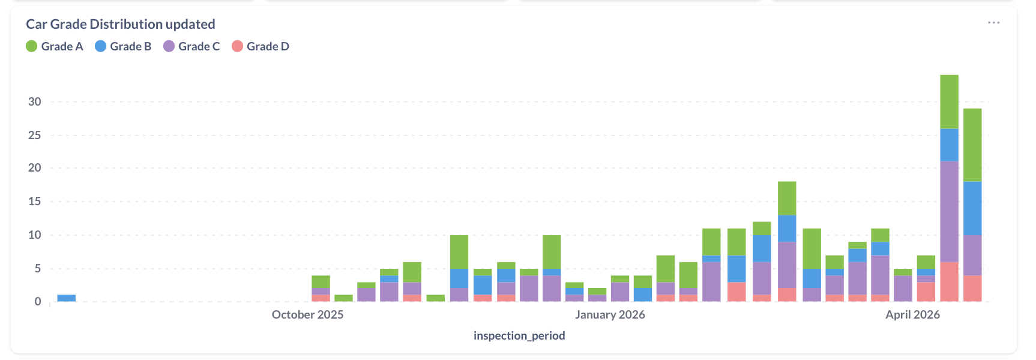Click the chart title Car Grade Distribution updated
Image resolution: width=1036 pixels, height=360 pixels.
[x=120, y=24]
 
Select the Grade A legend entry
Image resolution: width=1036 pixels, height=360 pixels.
[x=55, y=46]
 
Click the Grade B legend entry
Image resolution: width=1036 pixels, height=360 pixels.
[x=123, y=46]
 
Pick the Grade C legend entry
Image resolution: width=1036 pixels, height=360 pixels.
[x=191, y=46]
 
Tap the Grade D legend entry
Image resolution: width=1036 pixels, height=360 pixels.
[x=261, y=46]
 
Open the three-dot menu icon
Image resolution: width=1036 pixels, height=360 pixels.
[x=993, y=23]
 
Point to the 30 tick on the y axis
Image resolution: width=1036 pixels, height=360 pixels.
[x=35, y=101]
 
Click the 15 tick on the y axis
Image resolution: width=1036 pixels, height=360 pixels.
[x=35, y=201]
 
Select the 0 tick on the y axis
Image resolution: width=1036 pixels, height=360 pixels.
[x=38, y=301]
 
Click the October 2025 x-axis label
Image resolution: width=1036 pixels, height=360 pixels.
[x=307, y=314]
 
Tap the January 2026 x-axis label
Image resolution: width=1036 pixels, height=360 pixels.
[x=610, y=314]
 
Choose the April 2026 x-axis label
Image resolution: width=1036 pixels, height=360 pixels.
[x=912, y=314]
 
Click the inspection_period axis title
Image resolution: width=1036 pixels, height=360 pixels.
[x=519, y=335]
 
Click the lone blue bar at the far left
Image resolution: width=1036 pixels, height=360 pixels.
[x=66, y=298]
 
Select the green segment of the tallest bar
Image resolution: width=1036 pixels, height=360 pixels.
[x=949, y=101]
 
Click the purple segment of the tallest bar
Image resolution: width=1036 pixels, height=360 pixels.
[x=949, y=211]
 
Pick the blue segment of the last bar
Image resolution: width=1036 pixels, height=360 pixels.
[x=972, y=208]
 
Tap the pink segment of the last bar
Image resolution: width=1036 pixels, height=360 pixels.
[x=972, y=288]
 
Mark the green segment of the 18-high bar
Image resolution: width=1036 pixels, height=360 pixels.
[x=787, y=198]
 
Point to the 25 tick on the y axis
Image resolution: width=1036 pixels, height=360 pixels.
[x=35, y=135]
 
